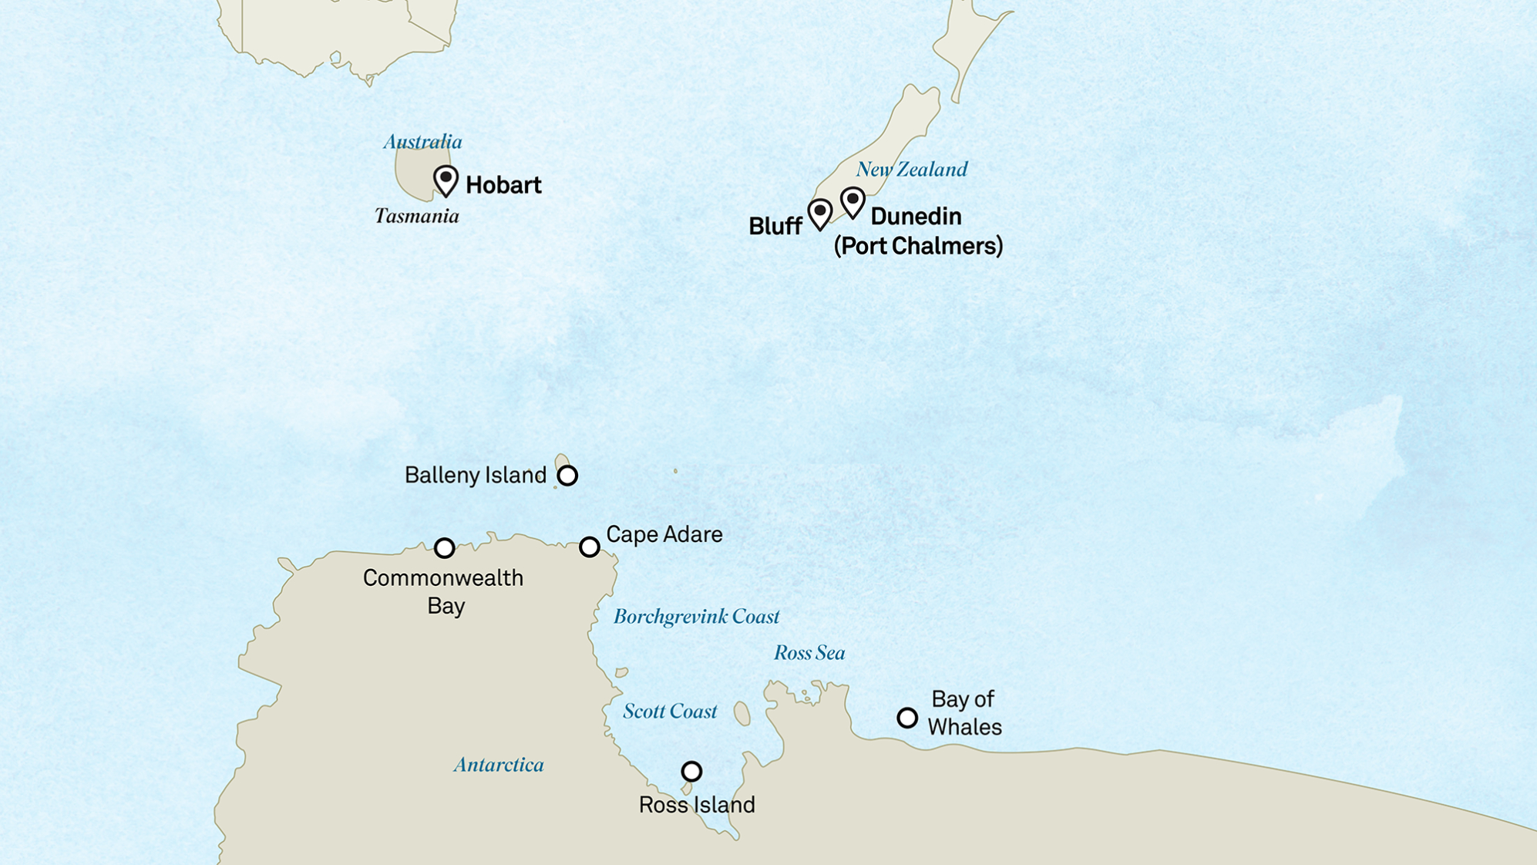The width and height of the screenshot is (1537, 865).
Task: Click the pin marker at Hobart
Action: [446, 180]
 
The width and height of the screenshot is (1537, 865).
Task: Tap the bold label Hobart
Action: [503, 185]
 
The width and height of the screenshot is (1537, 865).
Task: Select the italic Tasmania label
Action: [416, 216]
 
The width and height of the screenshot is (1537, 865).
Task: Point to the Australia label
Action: [422, 142]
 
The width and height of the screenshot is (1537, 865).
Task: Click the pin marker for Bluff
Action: [819, 213]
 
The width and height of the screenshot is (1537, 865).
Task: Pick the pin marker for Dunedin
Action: [853, 202]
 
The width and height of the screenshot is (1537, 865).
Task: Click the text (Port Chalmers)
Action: [918, 246]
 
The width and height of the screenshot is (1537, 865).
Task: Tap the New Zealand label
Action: [911, 170]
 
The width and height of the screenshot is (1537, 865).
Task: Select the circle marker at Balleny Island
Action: [567, 476]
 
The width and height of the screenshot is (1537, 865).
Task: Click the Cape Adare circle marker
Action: [590, 547]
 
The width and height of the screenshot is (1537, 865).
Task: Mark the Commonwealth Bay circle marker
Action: [444, 548]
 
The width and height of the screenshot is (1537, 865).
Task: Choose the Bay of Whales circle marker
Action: [907, 719]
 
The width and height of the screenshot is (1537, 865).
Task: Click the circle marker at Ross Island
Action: [691, 772]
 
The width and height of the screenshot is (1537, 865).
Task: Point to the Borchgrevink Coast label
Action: [696, 617]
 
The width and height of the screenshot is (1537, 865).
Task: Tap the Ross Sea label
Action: [809, 653]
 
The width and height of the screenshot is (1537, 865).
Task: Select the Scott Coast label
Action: [670, 712]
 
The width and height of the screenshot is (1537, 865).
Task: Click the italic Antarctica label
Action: [499, 765]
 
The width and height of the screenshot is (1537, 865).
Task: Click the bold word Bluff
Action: [775, 226]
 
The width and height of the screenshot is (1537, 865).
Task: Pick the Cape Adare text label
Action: [664, 534]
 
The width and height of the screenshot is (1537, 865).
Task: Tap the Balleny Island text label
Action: [475, 475]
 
